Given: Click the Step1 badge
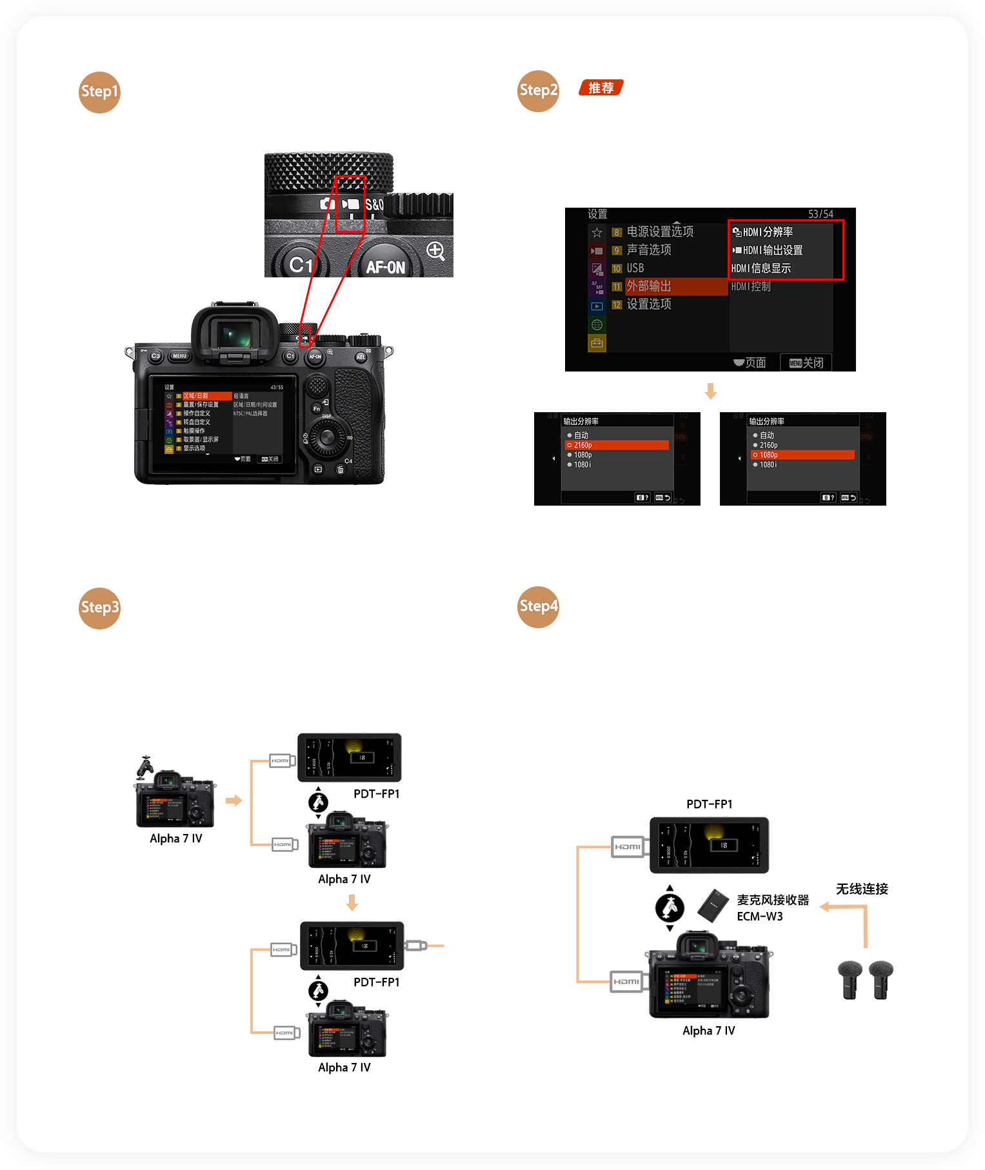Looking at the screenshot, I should (99, 92).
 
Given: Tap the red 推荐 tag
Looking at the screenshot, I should (601, 88).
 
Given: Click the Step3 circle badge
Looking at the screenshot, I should (99, 608).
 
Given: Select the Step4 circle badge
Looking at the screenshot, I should (538, 607).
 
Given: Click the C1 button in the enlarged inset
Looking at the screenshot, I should (301, 264).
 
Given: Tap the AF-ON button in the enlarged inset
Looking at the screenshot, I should (385, 266).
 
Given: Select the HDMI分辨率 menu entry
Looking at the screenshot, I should (768, 232).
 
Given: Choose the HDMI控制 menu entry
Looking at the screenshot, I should (751, 286).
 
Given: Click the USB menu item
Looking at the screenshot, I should (635, 268).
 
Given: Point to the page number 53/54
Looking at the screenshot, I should (821, 214).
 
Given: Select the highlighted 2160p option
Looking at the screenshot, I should (617, 445).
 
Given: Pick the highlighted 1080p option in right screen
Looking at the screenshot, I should (802, 455).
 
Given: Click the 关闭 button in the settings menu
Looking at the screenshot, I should (806, 362).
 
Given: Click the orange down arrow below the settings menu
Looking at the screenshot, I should (711, 392).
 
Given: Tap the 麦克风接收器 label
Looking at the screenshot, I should (773, 900).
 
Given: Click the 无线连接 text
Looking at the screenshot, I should (862, 889).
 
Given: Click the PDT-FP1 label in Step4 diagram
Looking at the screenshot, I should (709, 804).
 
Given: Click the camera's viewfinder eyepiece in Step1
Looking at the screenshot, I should (235, 335).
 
